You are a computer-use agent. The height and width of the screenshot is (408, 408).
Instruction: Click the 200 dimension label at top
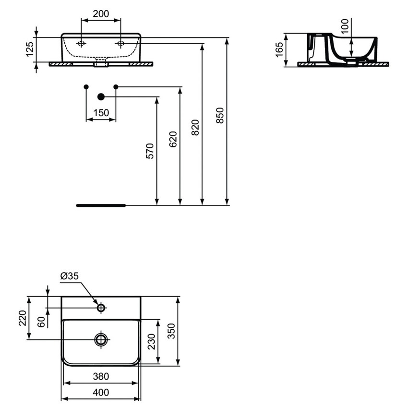click(100, 14)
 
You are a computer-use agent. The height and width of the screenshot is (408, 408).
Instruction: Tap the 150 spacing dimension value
click(100, 113)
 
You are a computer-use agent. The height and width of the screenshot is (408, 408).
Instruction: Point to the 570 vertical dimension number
click(150, 151)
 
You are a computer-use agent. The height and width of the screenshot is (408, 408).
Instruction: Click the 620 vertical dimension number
click(173, 139)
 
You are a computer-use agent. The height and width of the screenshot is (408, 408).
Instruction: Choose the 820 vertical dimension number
click(195, 128)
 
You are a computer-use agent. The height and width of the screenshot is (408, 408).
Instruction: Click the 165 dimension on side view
click(279, 49)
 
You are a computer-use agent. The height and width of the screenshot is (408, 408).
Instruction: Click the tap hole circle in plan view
click(101, 308)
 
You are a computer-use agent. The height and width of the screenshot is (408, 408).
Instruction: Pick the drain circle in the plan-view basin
click(101, 340)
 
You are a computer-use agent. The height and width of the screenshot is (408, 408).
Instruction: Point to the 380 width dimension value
click(100, 376)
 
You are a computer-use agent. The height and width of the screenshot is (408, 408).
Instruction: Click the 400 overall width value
click(100, 392)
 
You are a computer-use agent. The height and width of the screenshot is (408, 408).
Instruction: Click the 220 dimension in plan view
click(23, 318)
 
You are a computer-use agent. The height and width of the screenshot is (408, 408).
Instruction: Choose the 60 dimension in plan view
click(41, 322)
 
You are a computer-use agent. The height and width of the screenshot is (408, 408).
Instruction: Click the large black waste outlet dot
click(101, 97)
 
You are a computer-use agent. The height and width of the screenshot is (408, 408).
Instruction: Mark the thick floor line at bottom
click(101, 205)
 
